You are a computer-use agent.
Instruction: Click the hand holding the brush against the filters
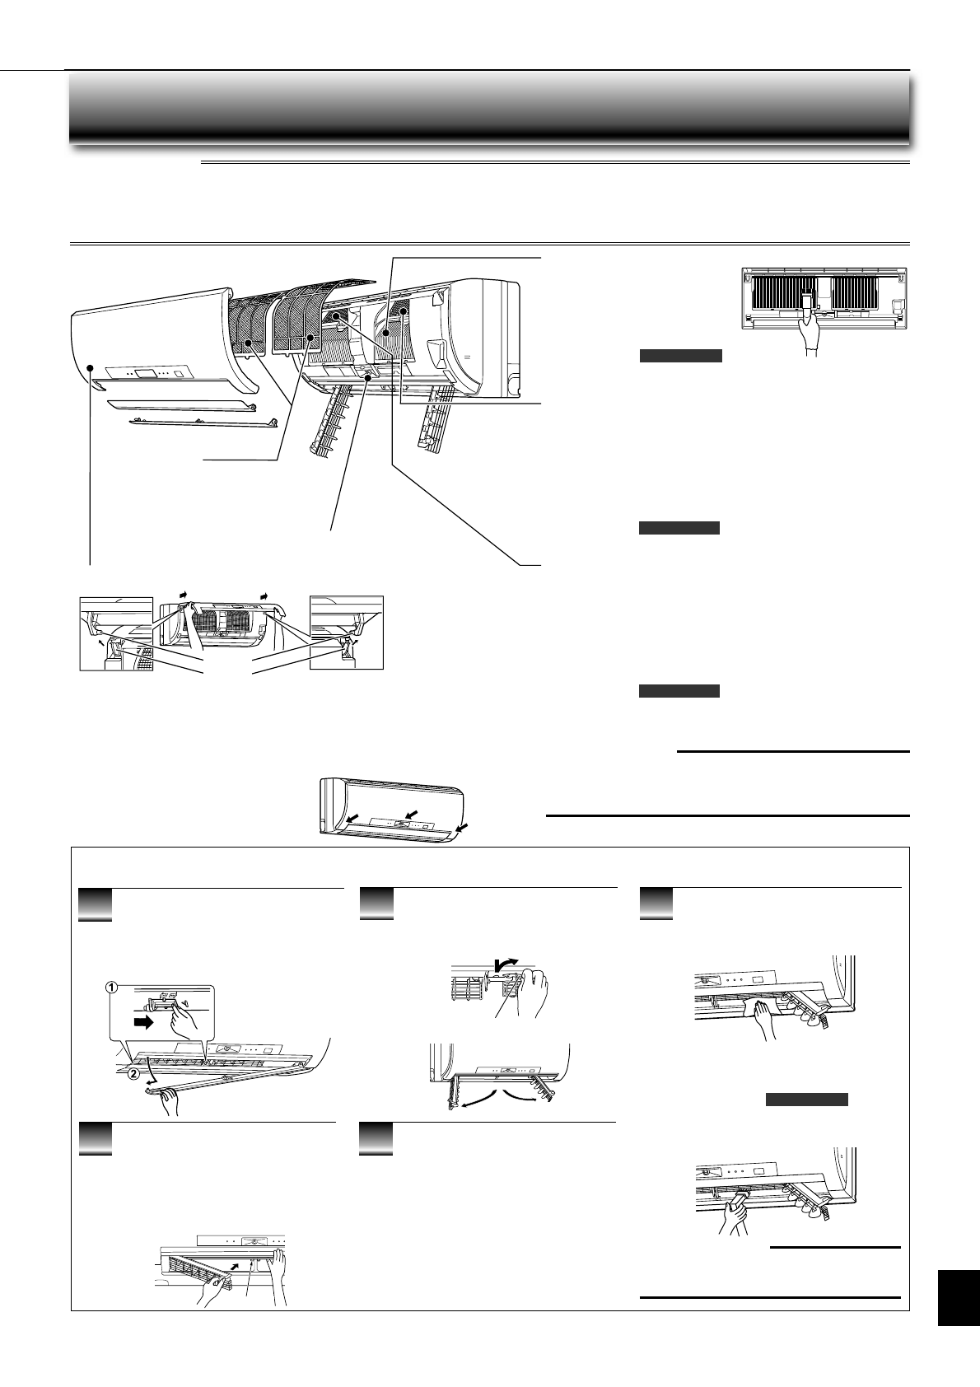[813, 332]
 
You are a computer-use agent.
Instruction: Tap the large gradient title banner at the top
[489, 107]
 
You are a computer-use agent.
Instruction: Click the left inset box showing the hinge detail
[115, 633]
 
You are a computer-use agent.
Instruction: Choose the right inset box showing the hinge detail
[347, 633]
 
